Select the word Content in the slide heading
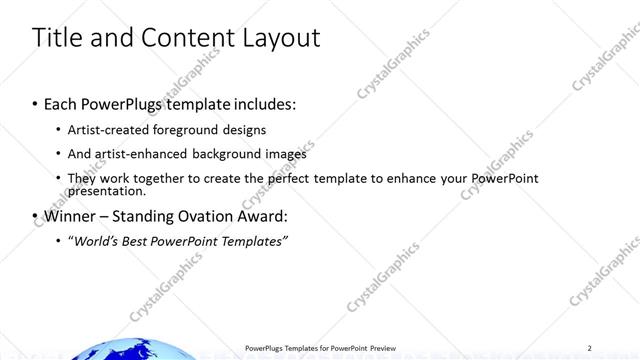point(183,39)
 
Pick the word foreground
point(187,130)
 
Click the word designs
point(245,130)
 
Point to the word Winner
point(69,216)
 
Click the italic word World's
point(95,242)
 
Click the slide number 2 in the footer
point(590,347)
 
